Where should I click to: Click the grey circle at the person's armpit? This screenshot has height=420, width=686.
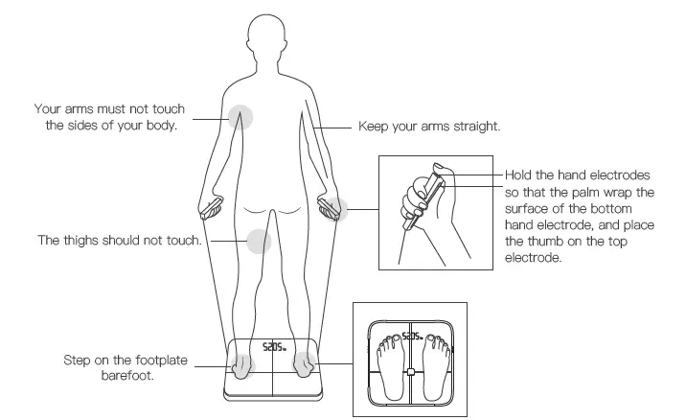tap(240, 118)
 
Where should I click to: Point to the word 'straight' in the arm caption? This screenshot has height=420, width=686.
tap(476, 126)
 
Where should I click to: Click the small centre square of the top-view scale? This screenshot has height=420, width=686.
tap(411, 372)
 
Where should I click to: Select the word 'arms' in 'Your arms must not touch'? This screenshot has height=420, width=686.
tap(82, 109)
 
